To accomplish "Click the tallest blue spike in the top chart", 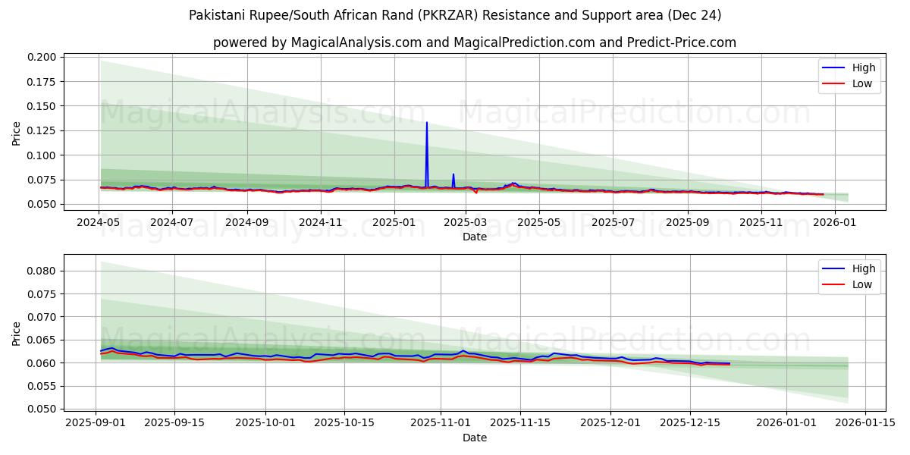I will [x=427, y=123].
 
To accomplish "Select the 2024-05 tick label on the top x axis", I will [x=99, y=223].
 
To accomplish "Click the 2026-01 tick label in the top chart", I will [x=834, y=223].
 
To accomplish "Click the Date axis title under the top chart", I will [x=475, y=237].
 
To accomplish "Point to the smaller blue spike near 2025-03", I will [x=453, y=175].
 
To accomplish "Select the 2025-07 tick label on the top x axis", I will [x=613, y=223].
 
